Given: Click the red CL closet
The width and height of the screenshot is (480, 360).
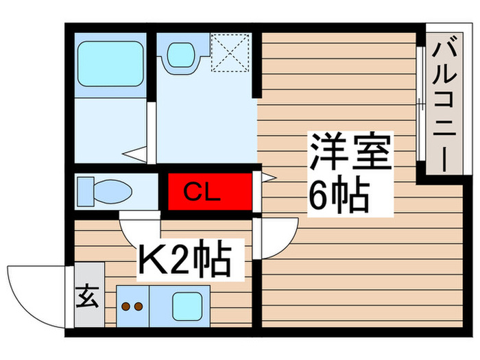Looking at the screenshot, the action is coord(210,191).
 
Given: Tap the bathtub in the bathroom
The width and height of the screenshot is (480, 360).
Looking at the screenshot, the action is coord(110,64).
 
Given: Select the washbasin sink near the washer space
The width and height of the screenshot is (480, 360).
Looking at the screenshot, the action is coord(181,54).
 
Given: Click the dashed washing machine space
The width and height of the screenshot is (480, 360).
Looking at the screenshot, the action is coord(230,53).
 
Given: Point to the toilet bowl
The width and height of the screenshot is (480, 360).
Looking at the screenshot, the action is coord(112,191).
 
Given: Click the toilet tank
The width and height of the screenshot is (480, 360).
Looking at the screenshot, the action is coord(86,191).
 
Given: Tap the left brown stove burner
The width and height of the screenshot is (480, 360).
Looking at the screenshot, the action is coord(125,306).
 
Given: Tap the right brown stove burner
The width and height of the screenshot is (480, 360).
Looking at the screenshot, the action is coord(139,306).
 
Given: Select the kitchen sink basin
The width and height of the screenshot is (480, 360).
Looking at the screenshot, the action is coord(187,306).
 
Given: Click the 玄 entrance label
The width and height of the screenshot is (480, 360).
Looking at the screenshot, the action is coord(88,297).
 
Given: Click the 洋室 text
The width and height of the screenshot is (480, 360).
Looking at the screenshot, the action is coord(351,152).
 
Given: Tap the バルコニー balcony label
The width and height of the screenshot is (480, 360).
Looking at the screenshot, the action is coord(444,104).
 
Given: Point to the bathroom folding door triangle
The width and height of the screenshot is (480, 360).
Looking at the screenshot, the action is coord(134,154).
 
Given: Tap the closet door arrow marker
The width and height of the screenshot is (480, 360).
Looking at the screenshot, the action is coord(269,177).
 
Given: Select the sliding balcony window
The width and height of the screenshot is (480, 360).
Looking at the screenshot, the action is coord(420,104).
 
